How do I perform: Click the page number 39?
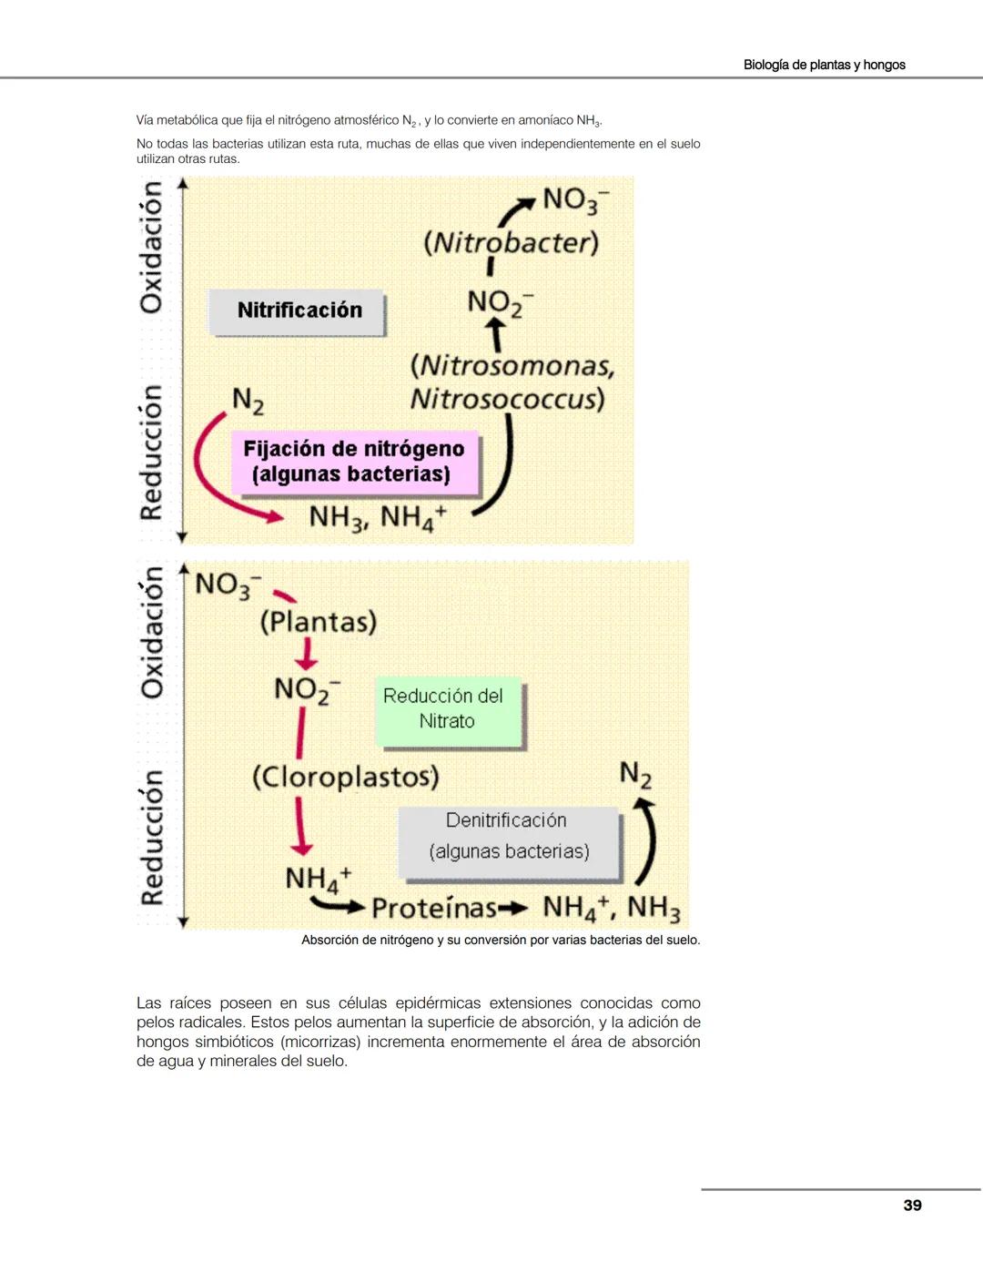tap(912, 1206)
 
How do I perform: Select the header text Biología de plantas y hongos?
tap(824, 65)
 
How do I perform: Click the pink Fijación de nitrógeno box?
tap(354, 462)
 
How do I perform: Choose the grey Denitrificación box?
tap(508, 836)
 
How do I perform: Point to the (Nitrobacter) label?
tap(512, 243)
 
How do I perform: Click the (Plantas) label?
tap(318, 622)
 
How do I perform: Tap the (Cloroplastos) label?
tap(345, 777)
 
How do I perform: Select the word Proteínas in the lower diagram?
tap(434, 909)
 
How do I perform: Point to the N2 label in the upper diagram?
tap(248, 400)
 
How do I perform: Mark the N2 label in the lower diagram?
tap(635, 775)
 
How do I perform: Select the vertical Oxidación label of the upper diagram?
tap(151, 246)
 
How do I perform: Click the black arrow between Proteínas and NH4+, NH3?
tap(513, 908)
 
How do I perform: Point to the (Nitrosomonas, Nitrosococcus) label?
tap(512, 382)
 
